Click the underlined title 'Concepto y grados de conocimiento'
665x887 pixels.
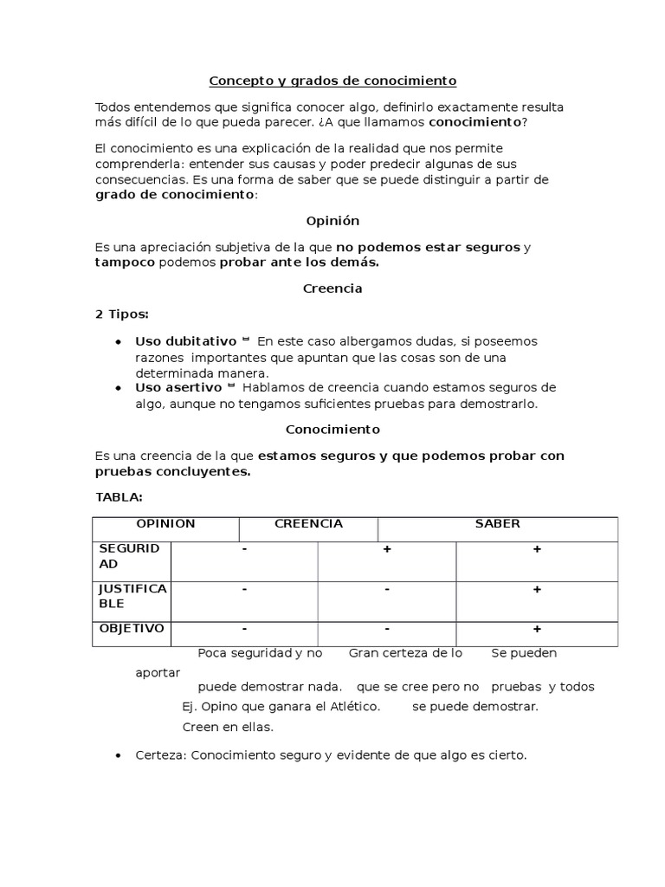click(x=332, y=81)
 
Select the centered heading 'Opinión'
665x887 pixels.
click(x=332, y=221)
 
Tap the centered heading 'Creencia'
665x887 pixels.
click(x=332, y=289)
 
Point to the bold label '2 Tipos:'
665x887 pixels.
click(x=121, y=314)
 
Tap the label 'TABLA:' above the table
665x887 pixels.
click(x=119, y=497)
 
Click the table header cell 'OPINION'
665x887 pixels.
click(x=165, y=524)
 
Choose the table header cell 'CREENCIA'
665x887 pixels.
click(x=308, y=524)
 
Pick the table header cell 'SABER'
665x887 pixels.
click(x=497, y=524)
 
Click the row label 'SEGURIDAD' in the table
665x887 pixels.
click(x=129, y=556)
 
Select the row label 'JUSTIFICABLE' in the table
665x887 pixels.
click(x=132, y=596)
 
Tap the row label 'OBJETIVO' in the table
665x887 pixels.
click(x=132, y=628)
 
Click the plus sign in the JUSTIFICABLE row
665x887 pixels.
click(x=537, y=589)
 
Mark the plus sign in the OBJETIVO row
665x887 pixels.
click(x=537, y=629)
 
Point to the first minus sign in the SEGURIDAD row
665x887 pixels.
click(x=245, y=550)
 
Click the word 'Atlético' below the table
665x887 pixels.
click(x=352, y=706)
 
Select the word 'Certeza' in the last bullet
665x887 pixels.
click(x=160, y=755)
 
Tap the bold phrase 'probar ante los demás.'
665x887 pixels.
click(x=299, y=262)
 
